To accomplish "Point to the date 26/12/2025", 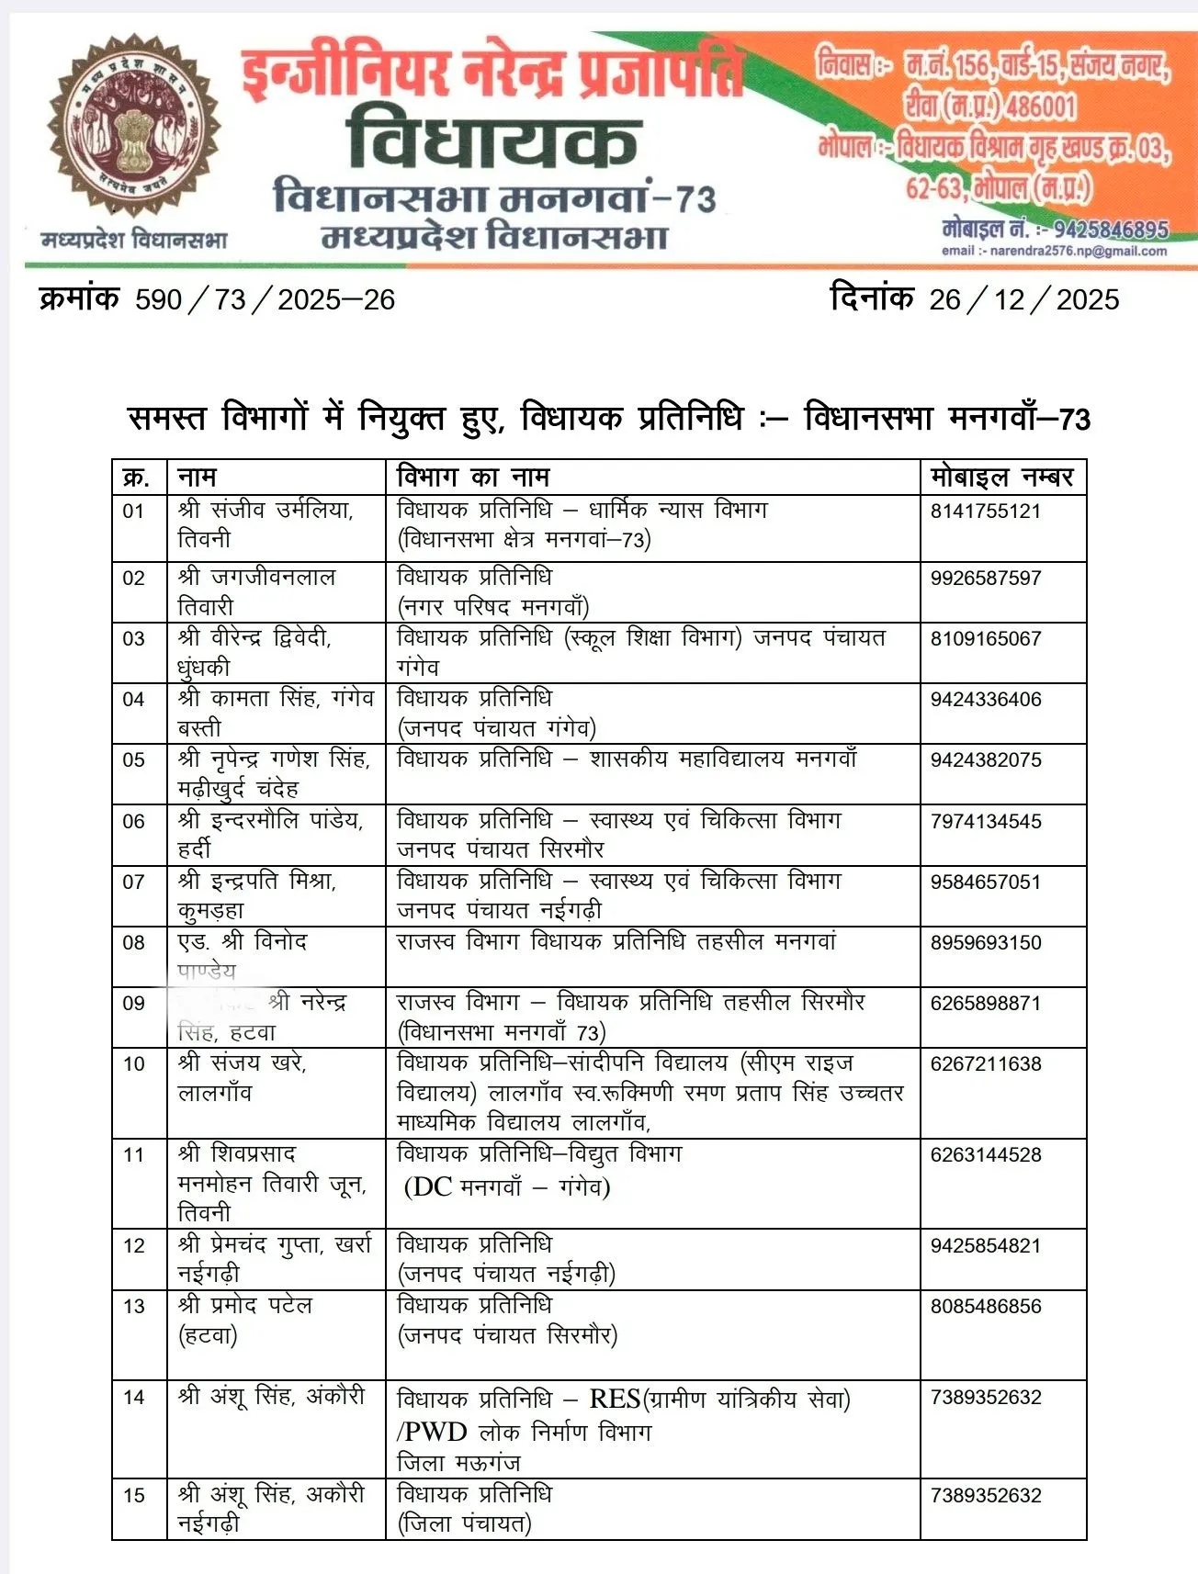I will pyautogui.click(x=1023, y=299).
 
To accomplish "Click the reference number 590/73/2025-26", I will pyautogui.click(x=265, y=299).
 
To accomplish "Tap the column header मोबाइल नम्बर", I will pyautogui.click(x=1001, y=478).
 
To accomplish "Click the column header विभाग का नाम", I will pyautogui.click(x=472, y=478).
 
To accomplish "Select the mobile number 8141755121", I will pyautogui.click(x=985, y=512).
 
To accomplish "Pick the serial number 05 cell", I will pyautogui.click(x=134, y=760).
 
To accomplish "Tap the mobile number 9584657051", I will pyautogui.click(x=985, y=882).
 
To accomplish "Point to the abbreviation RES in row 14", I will pyautogui.click(x=614, y=1399).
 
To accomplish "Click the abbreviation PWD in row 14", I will pyautogui.click(x=435, y=1432).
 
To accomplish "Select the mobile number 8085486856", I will pyautogui.click(x=985, y=1306).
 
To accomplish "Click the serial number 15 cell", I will pyautogui.click(x=134, y=1495).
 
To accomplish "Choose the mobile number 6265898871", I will pyautogui.click(x=985, y=1003).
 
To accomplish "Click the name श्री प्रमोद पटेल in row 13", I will pyautogui.click(x=245, y=1306).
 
